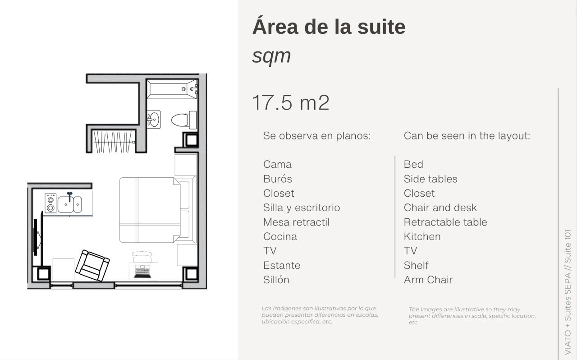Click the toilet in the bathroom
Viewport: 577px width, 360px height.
pyautogui.click(x=184, y=120)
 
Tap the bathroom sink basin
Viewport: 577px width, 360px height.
pyautogui.click(x=154, y=120)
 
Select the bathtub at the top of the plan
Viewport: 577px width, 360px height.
pyautogui.click(x=172, y=89)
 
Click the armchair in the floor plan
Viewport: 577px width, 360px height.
pyautogui.click(x=92, y=265)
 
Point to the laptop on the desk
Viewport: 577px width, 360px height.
pyautogui.click(x=142, y=272)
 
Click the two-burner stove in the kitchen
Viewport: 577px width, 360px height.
pyautogui.click(x=50, y=203)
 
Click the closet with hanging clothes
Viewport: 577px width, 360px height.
pyautogui.click(x=114, y=142)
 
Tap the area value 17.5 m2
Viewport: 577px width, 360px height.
pyautogui.click(x=291, y=103)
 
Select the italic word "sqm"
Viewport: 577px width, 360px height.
pyautogui.click(x=271, y=56)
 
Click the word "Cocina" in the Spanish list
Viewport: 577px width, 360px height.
pyautogui.click(x=280, y=236)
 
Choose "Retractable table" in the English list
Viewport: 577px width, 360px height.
pyautogui.click(x=445, y=222)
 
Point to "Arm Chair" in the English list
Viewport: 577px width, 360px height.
pyautogui.click(x=428, y=280)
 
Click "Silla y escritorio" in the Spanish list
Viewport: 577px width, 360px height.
pyautogui.click(x=302, y=208)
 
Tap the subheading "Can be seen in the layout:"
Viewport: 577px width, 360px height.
pyautogui.click(x=467, y=136)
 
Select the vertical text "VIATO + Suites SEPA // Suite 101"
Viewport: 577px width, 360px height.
pyautogui.click(x=568, y=292)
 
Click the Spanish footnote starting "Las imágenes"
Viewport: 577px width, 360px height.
pyautogui.click(x=320, y=315)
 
